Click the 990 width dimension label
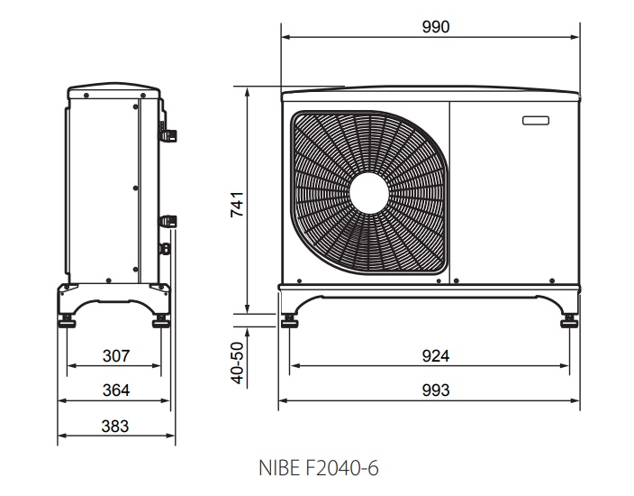pyautogui.click(x=436, y=27)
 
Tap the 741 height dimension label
pyautogui.click(x=238, y=205)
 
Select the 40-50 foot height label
pyautogui.click(x=238, y=363)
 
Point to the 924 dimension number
pyautogui.click(x=436, y=356)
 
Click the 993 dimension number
pyautogui.click(x=436, y=390)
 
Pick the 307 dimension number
pyautogui.click(x=116, y=356)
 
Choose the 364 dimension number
pyautogui.click(x=116, y=390)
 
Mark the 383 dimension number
pyautogui.click(x=115, y=426)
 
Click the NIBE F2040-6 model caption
pyautogui.click(x=319, y=468)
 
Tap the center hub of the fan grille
pyautogui.click(x=369, y=194)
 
